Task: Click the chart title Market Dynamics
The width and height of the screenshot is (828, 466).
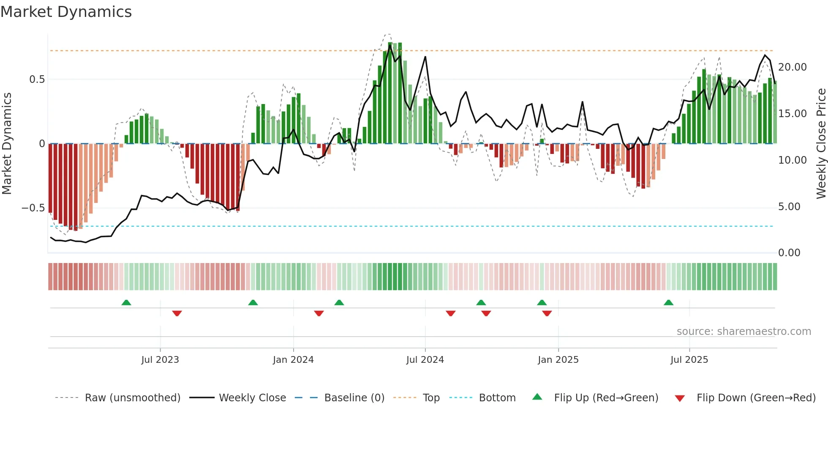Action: point(66,12)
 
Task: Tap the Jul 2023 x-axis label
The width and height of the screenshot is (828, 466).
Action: point(160,360)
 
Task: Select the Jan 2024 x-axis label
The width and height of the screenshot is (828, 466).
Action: point(293,360)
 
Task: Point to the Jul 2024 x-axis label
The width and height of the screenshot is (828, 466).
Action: point(425,360)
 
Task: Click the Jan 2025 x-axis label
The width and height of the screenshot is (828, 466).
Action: point(558,360)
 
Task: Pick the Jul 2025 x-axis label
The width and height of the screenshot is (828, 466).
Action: point(689,360)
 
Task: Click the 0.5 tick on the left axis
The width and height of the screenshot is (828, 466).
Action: point(37,79)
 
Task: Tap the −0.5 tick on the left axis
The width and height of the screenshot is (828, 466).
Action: point(33,208)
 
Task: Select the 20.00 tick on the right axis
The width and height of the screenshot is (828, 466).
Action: point(793,67)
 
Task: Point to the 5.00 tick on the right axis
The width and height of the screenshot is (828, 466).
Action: point(789,207)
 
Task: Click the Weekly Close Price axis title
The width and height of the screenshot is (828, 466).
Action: point(821,144)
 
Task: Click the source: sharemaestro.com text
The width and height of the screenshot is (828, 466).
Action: point(744,332)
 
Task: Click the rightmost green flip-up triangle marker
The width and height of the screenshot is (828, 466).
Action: point(668,303)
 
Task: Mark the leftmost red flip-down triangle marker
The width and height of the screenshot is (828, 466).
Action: point(177,313)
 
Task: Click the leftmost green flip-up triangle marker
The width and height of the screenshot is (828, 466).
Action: point(126,303)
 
